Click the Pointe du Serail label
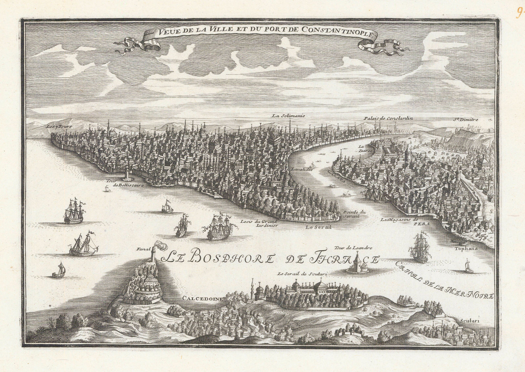352,214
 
